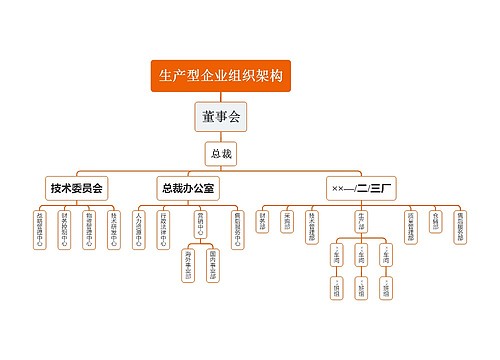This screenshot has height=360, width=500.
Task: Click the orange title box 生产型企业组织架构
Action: tap(221, 76)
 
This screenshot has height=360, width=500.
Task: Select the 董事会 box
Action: tap(221, 118)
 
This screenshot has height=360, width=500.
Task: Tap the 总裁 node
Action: tap(221, 154)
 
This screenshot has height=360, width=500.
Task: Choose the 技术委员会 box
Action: tap(78, 188)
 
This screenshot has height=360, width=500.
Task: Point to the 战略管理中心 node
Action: tap(39, 228)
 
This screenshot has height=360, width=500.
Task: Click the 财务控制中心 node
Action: tap(64, 228)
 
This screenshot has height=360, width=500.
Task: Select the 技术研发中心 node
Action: tap(114, 228)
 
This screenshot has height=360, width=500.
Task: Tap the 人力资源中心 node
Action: tap(139, 228)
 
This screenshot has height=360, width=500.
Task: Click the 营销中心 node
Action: tap(200, 222)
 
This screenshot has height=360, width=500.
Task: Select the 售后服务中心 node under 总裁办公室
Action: tap(237, 228)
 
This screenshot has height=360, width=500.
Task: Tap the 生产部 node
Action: tap(361, 218)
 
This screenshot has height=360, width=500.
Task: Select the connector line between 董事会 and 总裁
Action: tap(221, 137)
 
